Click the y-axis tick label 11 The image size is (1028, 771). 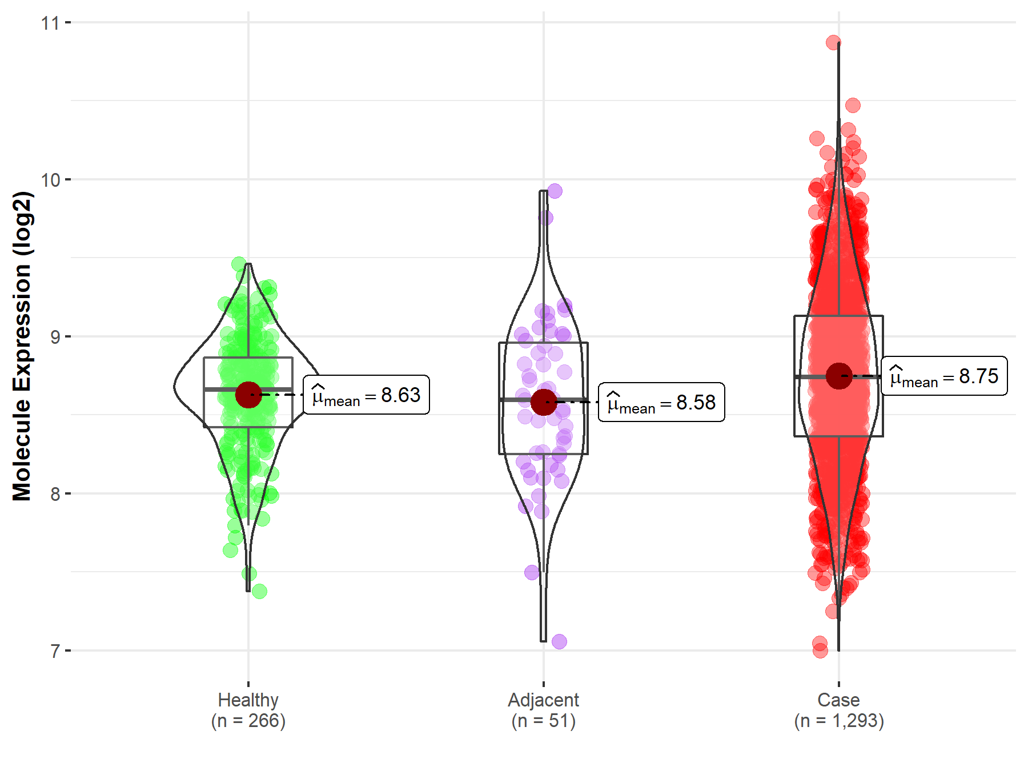click(x=50, y=23)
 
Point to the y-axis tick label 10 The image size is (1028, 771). click(x=50, y=180)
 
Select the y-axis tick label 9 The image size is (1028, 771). click(x=55, y=337)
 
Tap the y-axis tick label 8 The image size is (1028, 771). click(x=55, y=494)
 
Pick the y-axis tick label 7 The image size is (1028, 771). click(x=55, y=651)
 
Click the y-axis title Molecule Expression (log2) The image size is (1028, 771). click(x=22, y=346)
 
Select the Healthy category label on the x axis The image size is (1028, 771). click(x=248, y=700)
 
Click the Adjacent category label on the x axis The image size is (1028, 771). click(x=543, y=700)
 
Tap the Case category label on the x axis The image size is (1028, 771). click(x=838, y=700)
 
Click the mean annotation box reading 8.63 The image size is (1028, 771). click(x=366, y=395)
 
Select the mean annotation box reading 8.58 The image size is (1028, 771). click(x=661, y=403)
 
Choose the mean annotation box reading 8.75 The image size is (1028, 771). click(x=944, y=376)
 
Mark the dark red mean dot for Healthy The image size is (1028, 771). click(x=248, y=395)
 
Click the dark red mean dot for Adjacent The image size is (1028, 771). click(x=544, y=402)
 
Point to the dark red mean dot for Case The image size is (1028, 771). click(x=839, y=376)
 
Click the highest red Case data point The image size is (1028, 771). click(x=833, y=42)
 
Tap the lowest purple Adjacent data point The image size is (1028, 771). click(x=559, y=641)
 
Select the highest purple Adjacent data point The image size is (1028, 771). click(x=555, y=191)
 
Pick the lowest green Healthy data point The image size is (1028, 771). click(x=259, y=591)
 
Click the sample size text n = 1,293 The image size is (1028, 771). click(x=839, y=721)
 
